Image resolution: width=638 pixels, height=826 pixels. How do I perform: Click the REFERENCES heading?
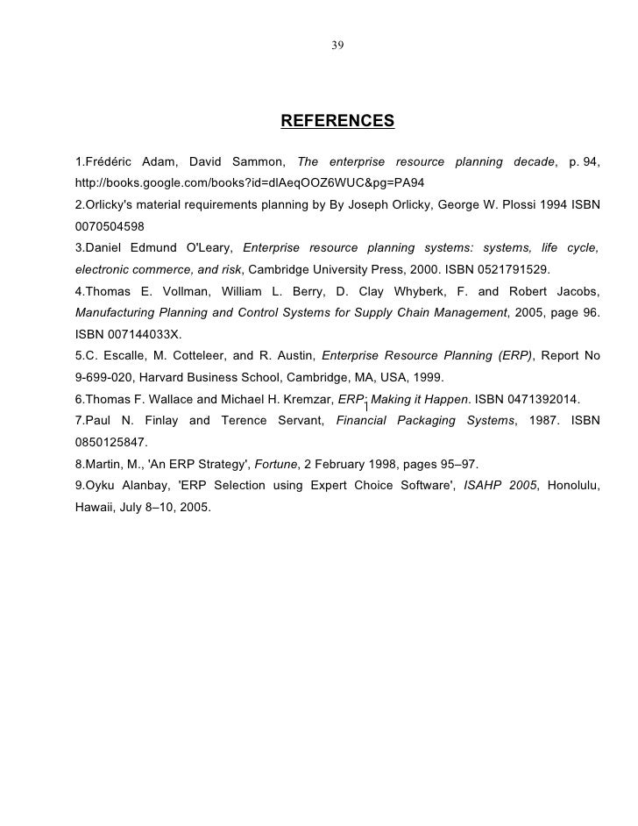337,120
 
